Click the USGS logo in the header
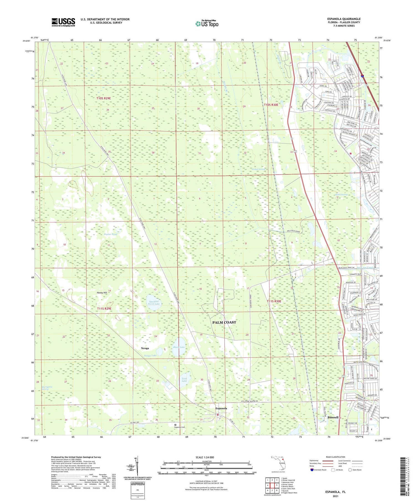pos(63,22)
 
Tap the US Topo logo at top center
pos(207,24)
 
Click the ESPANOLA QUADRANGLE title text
pos(344,19)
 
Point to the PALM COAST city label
pos(224,322)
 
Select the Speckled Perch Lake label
pos(153,302)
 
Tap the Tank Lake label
pos(184,380)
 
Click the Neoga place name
pos(145,348)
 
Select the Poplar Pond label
pos(110,234)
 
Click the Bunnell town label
pos(333,417)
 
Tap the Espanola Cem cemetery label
pos(179,427)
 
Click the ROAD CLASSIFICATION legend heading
pos(336,457)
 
